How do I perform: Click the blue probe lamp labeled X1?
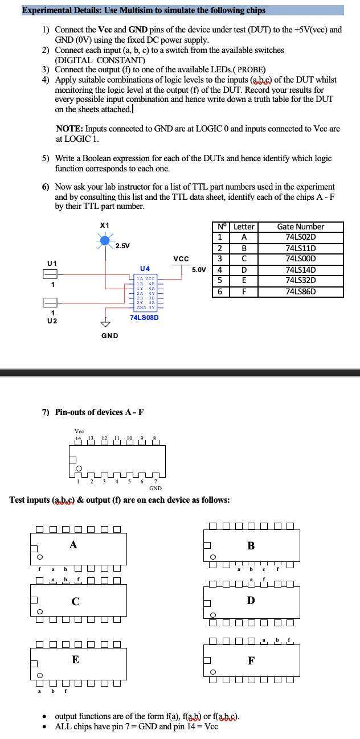coord(105,241)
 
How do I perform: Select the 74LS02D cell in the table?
coord(300,237)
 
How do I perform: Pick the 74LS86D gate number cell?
coord(300,292)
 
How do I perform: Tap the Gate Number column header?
coord(300,227)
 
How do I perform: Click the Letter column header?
coord(244,227)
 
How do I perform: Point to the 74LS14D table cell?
coord(300,270)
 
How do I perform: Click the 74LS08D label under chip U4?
coord(144,317)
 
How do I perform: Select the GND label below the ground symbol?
coord(109,335)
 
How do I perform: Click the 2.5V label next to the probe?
coord(122,246)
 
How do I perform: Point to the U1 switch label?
coord(52,262)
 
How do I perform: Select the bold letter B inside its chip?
coord(251,545)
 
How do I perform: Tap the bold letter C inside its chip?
coord(75,601)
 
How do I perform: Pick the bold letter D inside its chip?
coord(251,601)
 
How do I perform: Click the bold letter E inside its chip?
coord(75,660)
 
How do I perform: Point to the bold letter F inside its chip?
coord(251,661)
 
